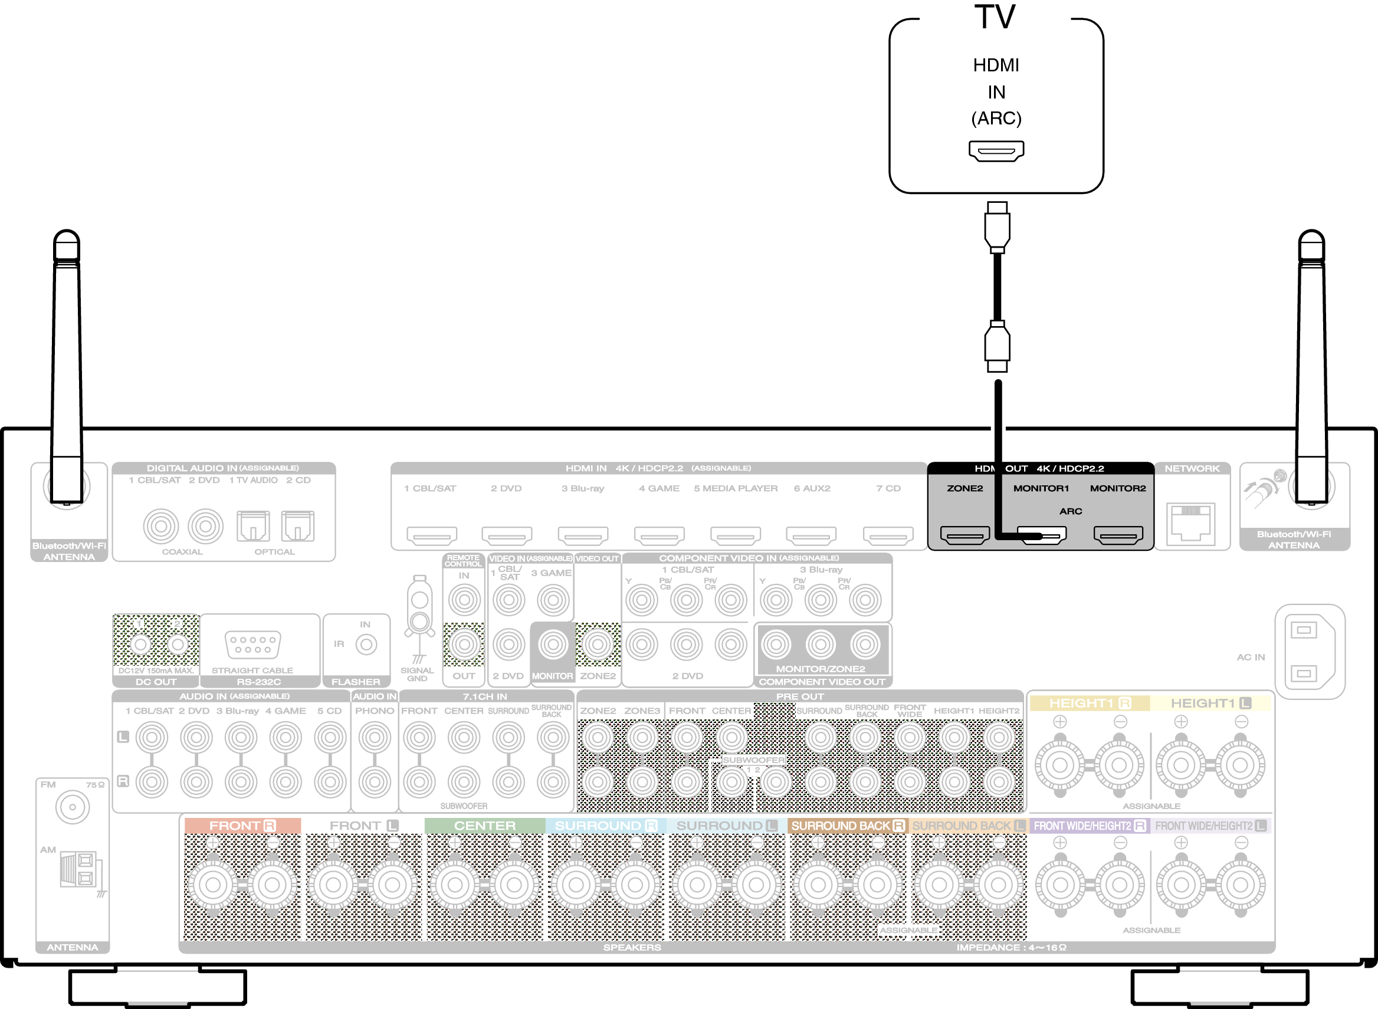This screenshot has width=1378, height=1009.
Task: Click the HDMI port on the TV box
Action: click(x=996, y=151)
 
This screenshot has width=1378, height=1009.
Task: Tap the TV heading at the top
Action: click(x=995, y=17)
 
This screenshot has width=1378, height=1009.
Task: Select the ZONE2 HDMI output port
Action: click(x=964, y=535)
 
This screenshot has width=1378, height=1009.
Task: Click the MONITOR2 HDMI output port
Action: click(x=1118, y=535)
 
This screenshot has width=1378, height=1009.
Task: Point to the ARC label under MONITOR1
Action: click(x=1070, y=511)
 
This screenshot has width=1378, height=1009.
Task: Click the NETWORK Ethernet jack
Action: click(x=1190, y=522)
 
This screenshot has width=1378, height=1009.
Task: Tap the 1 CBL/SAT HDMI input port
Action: click(x=431, y=535)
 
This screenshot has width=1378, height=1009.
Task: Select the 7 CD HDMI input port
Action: click(x=888, y=535)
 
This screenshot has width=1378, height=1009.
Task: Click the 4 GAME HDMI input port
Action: click(x=659, y=535)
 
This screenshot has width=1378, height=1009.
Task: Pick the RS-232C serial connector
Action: click(x=252, y=645)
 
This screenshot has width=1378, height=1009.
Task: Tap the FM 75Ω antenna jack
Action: click(x=72, y=807)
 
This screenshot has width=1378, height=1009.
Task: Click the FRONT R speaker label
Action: click(x=242, y=826)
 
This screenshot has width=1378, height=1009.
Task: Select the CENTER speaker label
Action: click(x=484, y=826)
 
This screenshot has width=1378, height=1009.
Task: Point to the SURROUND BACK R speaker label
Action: click(x=847, y=826)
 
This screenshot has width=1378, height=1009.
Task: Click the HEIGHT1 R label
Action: click(x=1090, y=704)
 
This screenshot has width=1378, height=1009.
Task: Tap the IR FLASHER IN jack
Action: click(x=366, y=645)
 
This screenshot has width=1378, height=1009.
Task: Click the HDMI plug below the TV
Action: click(x=997, y=227)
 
